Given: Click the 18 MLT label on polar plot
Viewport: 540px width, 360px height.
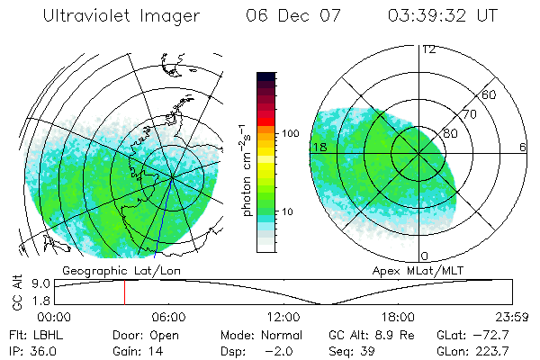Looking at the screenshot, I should [318, 147].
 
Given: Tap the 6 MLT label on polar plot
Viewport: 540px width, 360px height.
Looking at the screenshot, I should [522, 147].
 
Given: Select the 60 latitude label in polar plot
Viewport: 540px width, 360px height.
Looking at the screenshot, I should [489, 94].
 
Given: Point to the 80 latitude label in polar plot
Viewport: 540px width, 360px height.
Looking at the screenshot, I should [451, 132].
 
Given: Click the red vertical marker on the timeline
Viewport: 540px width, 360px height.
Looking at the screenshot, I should [124, 292].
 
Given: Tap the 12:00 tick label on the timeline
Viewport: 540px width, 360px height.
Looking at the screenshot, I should [283, 317].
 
